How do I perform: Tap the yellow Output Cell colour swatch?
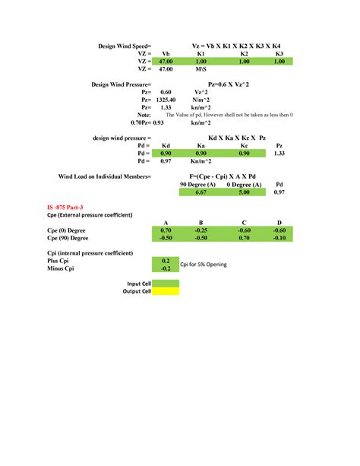[x=166, y=290]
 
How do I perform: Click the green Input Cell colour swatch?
[x=166, y=283]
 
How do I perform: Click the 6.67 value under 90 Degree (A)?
[x=201, y=193]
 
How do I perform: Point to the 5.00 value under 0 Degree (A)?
[x=244, y=193]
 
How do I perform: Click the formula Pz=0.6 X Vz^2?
[x=229, y=84]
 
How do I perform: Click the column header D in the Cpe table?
[x=279, y=222]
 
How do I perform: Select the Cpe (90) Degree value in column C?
[x=244, y=237]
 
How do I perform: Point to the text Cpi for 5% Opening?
[x=204, y=264]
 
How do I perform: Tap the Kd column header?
[x=166, y=145]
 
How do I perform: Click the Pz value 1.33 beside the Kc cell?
[x=279, y=154]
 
